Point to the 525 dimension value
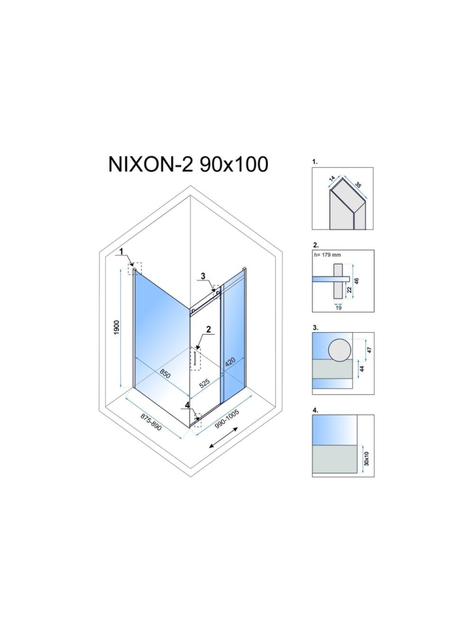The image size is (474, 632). (205, 383)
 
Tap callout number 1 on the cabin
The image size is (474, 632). (120, 251)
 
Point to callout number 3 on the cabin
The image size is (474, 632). (203, 275)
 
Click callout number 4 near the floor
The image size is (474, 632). (187, 405)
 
